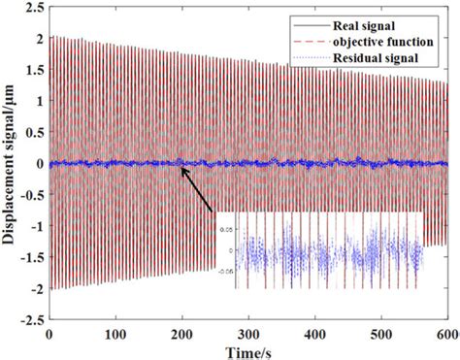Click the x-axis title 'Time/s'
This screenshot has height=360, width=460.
coord(247,348)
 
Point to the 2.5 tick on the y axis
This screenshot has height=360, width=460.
coord(33,7)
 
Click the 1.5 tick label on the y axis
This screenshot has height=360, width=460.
coord(33,70)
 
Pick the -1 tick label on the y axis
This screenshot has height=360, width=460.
coord(35,226)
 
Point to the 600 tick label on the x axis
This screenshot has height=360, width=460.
coord(445,332)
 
